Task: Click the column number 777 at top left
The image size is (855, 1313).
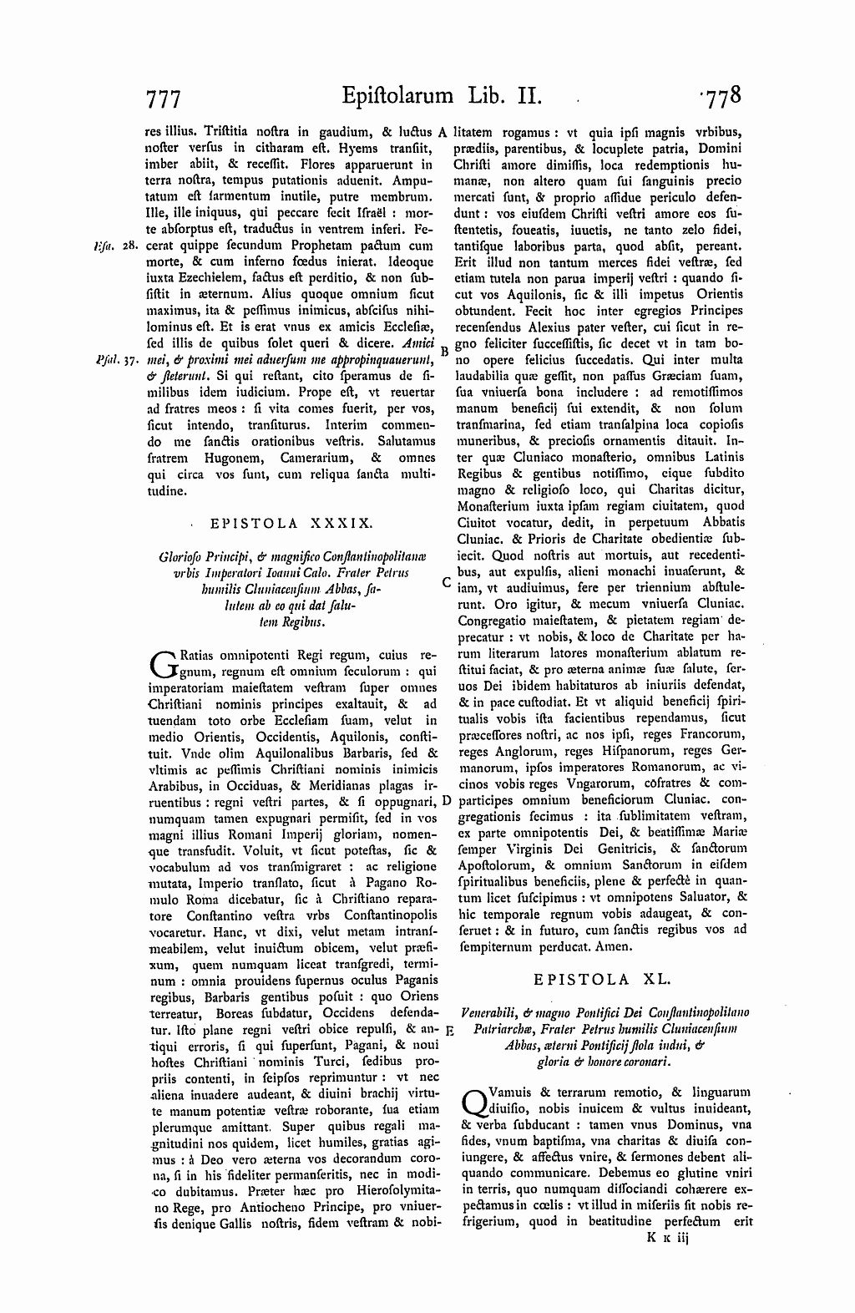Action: pos(164,99)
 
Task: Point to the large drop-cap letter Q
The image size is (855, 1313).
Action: pos(472,1100)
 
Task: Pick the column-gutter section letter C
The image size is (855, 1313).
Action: pos(447,582)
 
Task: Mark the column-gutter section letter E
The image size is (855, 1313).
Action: pos(448,1030)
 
